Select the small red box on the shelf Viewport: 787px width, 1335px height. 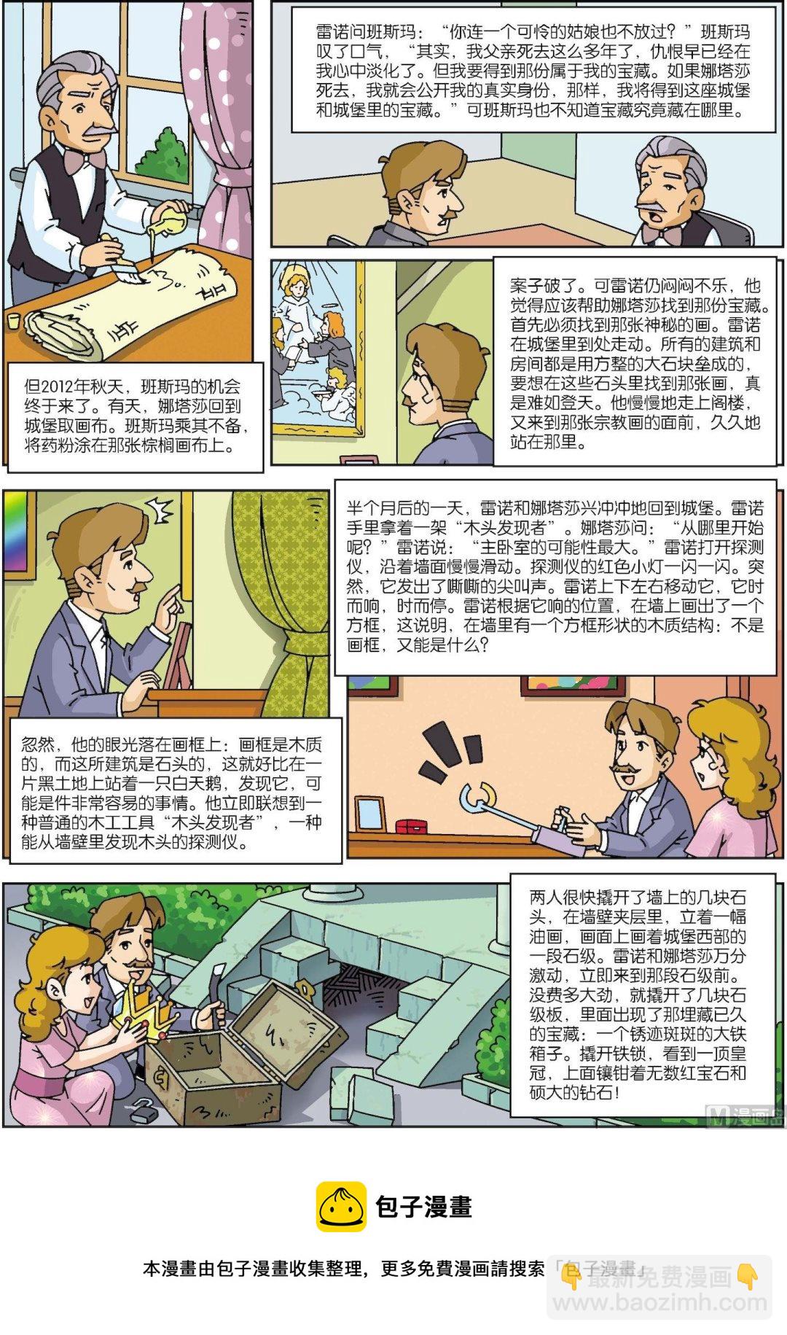412,826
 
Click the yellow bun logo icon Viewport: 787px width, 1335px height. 341,1207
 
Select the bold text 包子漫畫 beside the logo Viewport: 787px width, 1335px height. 423,1207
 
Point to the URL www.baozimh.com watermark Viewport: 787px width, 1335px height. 660,1301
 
